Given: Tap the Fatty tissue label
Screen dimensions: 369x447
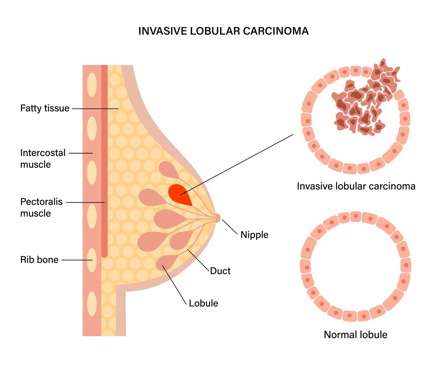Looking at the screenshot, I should (x=45, y=108).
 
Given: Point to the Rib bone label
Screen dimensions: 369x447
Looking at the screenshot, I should (x=39, y=260).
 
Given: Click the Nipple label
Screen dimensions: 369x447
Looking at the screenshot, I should (x=254, y=234).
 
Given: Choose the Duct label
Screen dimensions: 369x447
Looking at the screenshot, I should (x=220, y=271).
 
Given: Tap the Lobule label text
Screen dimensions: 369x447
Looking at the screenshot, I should (x=203, y=303).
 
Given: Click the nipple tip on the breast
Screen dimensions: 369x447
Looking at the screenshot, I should (x=218, y=218).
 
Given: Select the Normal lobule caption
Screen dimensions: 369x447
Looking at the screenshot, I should (x=355, y=334).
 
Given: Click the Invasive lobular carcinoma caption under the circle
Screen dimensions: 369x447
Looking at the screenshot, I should (x=356, y=186).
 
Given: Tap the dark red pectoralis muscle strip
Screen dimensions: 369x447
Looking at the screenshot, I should (x=104, y=162).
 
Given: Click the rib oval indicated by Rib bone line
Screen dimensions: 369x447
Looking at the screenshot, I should (x=92, y=260).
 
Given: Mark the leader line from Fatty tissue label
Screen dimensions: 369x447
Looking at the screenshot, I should (x=94, y=109).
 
